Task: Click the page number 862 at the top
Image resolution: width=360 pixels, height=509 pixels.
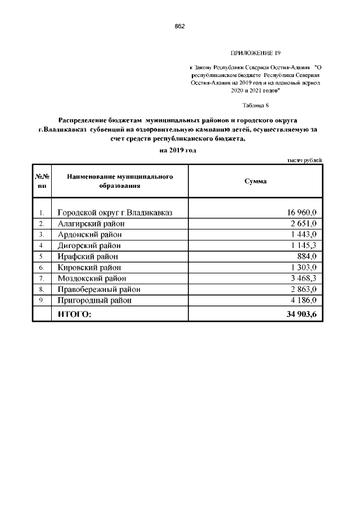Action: [x=180, y=26]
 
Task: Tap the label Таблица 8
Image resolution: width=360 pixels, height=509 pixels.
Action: [x=256, y=105]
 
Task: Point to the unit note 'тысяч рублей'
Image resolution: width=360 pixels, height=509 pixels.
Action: [x=305, y=161]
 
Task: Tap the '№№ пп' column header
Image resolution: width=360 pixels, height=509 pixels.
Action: [x=42, y=181]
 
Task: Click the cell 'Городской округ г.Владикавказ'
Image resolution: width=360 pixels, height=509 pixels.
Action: [x=115, y=212]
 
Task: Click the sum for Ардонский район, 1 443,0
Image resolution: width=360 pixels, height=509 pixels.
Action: [x=304, y=235]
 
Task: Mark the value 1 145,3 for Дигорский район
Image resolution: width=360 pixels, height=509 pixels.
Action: [x=304, y=246]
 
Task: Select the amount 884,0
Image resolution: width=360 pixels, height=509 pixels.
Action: [x=308, y=256]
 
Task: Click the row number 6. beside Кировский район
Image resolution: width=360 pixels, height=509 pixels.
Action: [x=42, y=268]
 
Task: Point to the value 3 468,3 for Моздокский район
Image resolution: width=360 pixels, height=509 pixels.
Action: [x=304, y=278]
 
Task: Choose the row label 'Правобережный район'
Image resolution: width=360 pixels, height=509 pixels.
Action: [x=98, y=289]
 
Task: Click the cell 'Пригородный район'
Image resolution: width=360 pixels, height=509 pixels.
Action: [x=94, y=300]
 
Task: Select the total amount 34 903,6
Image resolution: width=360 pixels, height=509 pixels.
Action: [x=301, y=314]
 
